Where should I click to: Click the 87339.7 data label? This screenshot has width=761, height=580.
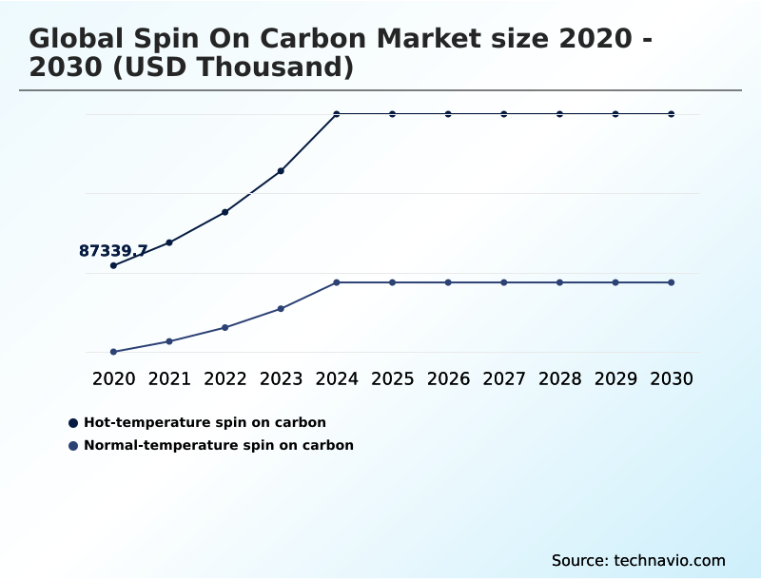pos(112,251)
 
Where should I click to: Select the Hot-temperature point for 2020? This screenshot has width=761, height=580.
pos(113,265)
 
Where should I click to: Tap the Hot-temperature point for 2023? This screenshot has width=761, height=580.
pos(281,171)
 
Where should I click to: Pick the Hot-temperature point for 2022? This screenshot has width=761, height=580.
pos(224,212)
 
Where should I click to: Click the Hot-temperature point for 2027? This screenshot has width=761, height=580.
pos(504,114)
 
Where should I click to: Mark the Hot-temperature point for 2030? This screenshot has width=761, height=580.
pos(672,114)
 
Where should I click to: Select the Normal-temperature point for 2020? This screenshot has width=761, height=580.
pos(113,352)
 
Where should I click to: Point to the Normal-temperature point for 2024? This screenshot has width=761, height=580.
pos(337,282)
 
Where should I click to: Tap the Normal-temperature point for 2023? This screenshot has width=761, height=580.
pos(281,309)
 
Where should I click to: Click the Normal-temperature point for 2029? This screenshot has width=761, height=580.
pos(615,282)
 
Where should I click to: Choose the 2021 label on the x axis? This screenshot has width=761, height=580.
pos(169,378)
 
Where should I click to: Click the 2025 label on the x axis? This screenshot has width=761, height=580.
pos(392,378)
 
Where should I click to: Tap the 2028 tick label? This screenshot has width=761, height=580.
pos(559,378)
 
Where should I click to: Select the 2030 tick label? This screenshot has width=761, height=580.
pos(672,378)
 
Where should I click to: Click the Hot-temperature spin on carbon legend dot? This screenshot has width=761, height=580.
pos(73,422)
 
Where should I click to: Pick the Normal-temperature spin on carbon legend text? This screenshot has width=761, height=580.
pos(219,445)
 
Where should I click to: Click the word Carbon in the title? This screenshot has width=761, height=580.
pos(309,39)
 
